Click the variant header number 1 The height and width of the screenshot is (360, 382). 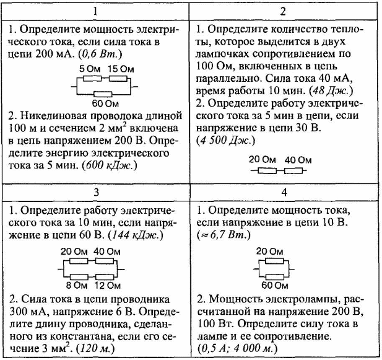point(95,11)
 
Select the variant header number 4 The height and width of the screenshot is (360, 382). point(284,193)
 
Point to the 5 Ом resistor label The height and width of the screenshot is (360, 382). point(90,69)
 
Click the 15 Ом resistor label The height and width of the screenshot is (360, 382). point(121,69)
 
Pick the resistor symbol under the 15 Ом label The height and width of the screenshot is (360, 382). point(118,79)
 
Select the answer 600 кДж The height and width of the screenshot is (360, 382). point(110,165)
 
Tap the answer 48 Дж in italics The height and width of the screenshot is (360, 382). point(331,91)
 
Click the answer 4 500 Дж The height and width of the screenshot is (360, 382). point(226,141)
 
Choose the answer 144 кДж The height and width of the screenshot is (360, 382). point(136,235)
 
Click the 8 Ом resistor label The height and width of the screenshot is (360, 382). point(77,286)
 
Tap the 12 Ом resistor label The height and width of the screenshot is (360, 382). point(108,286)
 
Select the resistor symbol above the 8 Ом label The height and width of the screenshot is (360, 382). point(79,277)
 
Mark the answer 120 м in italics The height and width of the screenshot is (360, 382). point(95,349)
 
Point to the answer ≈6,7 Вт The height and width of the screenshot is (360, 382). point(224,235)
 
